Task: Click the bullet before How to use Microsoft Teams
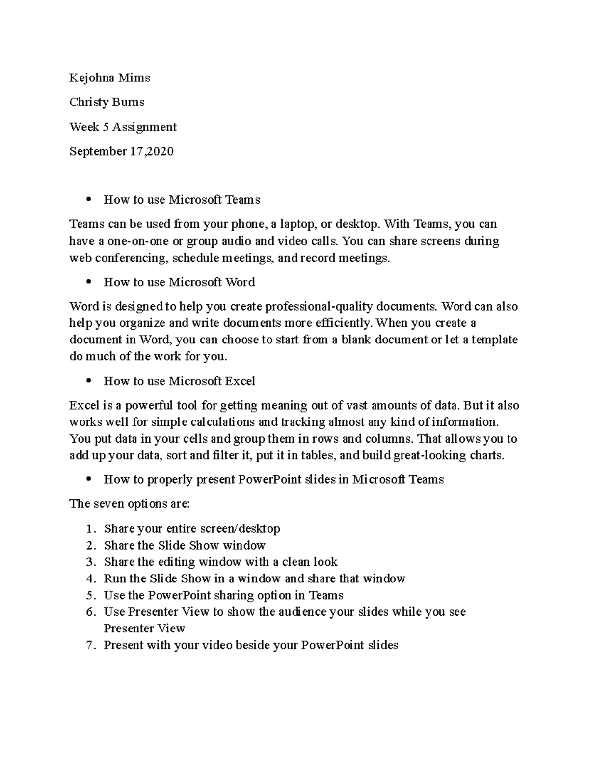pos(88,200)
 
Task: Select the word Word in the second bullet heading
pos(240,282)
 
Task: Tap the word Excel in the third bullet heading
pos(240,381)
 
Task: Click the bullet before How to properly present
pos(88,480)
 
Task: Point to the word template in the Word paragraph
pos(494,340)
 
